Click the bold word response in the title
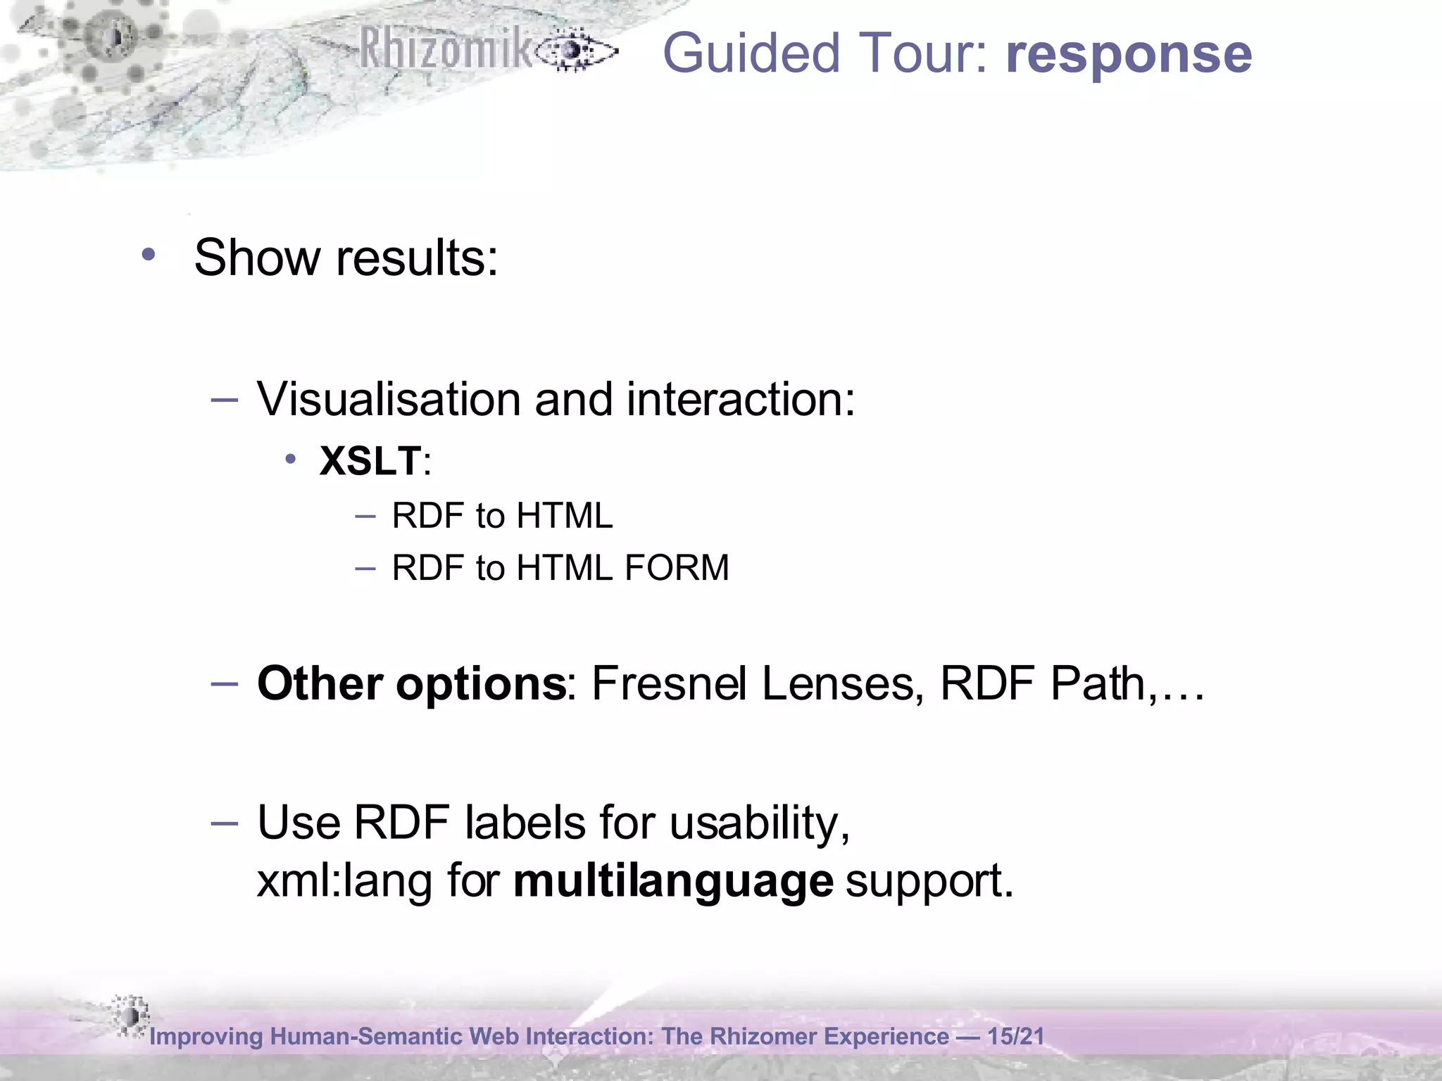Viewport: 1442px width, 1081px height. [1129, 55]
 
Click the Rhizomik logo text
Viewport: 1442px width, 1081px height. [446, 49]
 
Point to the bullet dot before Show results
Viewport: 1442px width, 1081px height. [148, 255]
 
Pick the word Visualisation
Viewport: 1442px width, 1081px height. [388, 399]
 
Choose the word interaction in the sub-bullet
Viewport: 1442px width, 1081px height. [740, 399]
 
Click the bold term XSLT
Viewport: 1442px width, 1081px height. [370, 462]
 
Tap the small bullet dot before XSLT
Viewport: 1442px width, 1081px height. [290, 460]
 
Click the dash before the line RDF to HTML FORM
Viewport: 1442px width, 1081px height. [365, 567]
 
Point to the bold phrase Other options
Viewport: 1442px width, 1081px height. [411, 683]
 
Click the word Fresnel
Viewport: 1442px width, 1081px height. [668, 683]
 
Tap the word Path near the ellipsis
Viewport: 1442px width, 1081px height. [1098, 683]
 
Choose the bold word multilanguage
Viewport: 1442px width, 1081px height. [673, 881]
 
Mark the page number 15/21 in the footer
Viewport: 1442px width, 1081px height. [1015, 1036]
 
